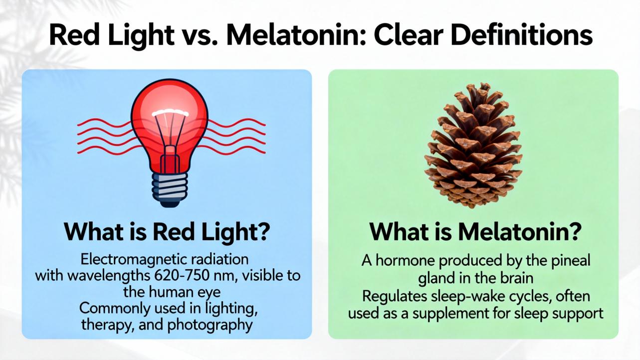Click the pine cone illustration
tap(473, 145)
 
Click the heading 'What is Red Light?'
tap(167, 231)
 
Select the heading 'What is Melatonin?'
tap(475, 231)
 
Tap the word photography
tap(210, 325)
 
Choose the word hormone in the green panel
tap(406, 261)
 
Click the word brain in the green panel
tap(517, 278)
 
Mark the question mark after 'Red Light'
tap(263, 232)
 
